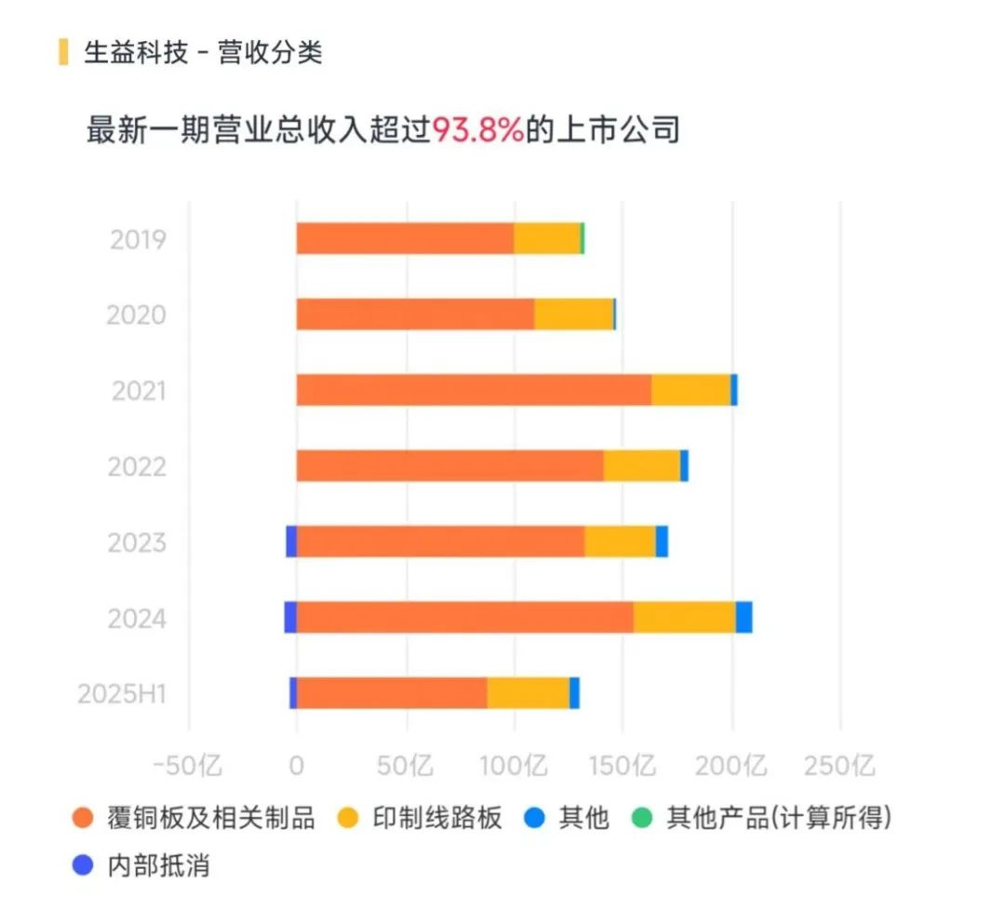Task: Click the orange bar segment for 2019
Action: pyautogui.click(x=405, y=239)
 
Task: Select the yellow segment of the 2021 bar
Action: pyautogui.click(x=690, y=390)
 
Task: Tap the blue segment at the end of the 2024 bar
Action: pyautogui.click(x=744, y=618)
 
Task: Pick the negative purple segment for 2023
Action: pyautogui.click(x=291, y=542)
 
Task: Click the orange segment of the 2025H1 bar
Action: pyautogui.click(x=392, y=693)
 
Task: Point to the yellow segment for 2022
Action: pyautogui.click(x=641, y=465)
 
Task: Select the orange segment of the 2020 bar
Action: pyautogui.click(x=415, y=314)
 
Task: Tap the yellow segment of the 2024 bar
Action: pyautogui.click(x=684, y=618)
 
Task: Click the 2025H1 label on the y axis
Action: pyautogui.click(x=122, y=694)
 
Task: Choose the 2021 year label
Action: pyautogui.click(x=138, y=391)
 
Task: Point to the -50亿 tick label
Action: pyautogui.click(x=188, y=767)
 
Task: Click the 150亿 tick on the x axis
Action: pyautogui.click(x=623, y=767)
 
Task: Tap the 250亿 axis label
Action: pyautogui.click(x=839, y=767)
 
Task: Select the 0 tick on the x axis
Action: pyautogui.click(x=297, y=767)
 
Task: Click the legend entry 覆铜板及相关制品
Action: pyautogui.click(x=194, y=819)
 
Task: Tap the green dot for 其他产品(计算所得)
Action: pyautogui.click(x=641, y=819)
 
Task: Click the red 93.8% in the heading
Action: pyautogui.click(x=477, y=128)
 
